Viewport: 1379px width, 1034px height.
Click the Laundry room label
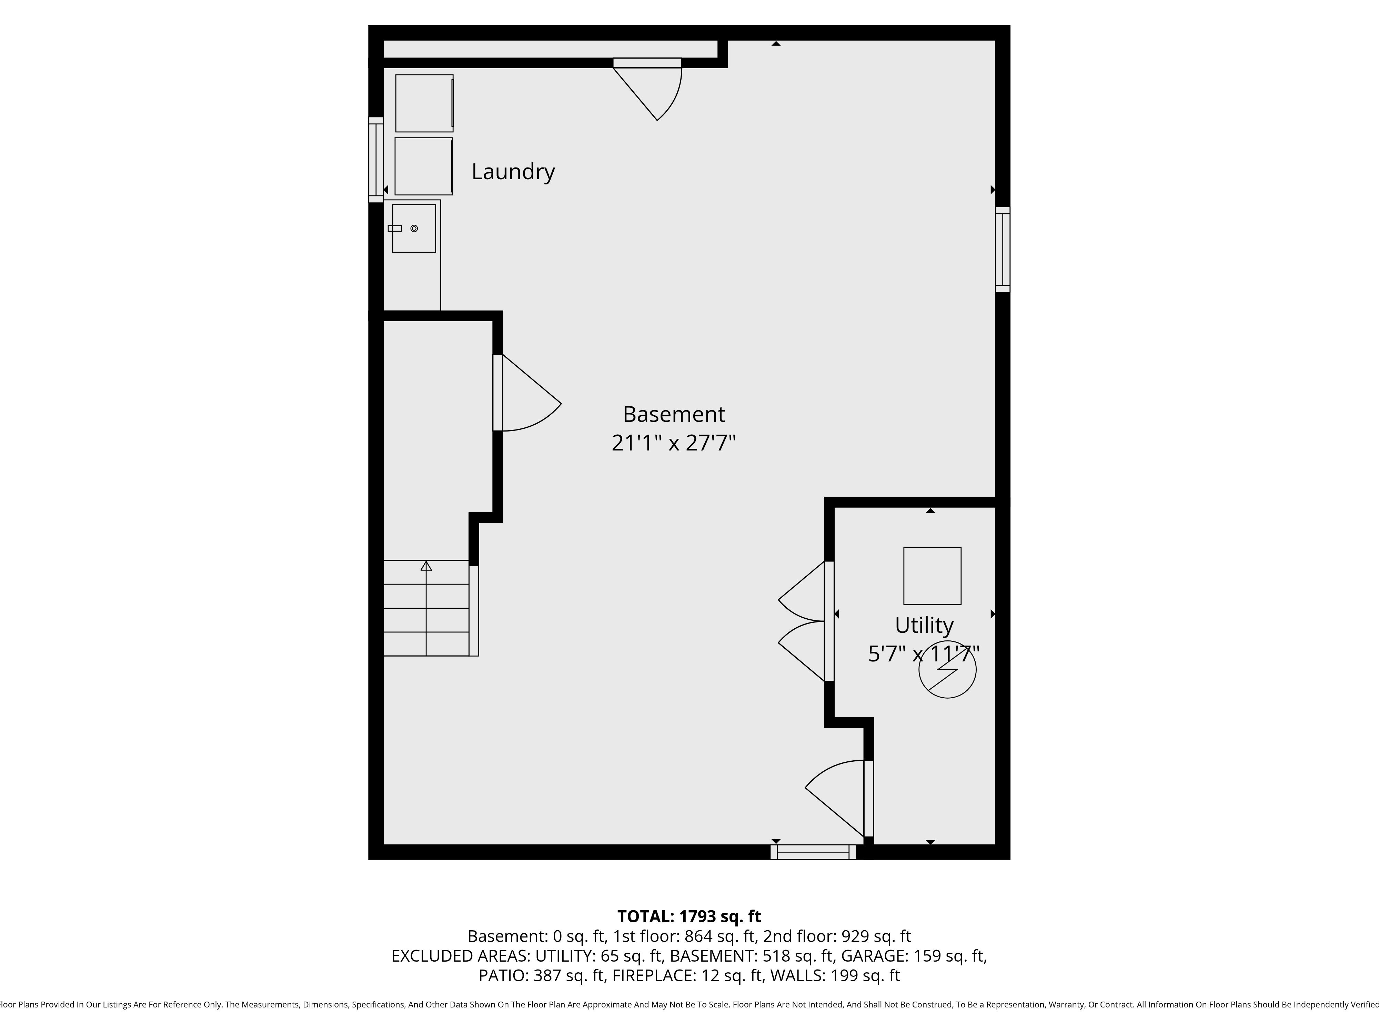click(x=513, y=171)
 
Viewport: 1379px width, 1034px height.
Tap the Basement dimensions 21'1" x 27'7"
click(x=673, y=443)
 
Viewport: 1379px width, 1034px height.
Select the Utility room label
click(x=924, y=625)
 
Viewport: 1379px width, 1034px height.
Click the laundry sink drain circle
click(x=414, y=229)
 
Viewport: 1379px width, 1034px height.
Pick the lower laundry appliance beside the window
click(x=424, y=166)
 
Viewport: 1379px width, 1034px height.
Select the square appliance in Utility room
click(x=932, y=576)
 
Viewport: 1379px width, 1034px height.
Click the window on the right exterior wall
click(x=1003, y=249)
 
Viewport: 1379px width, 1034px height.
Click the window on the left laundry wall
click(x=376, y=160)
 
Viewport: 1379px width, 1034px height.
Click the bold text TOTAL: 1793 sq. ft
click(x=689, y=916)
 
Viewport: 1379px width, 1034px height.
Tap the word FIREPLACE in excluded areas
click(x=654, y=975)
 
